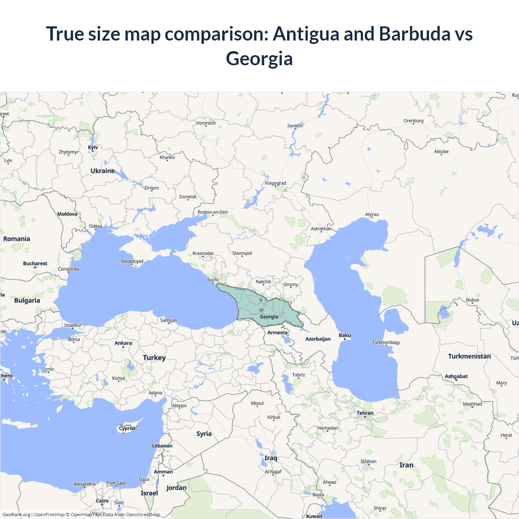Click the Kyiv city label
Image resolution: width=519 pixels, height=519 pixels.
click(x=93, y=147)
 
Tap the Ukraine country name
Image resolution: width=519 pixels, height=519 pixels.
click(x=103, y=171)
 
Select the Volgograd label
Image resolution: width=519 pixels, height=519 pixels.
click(x=275, y=183)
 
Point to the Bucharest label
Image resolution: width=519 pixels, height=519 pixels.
click(x=35, y=264)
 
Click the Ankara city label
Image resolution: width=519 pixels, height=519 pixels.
click(x=123, y=343)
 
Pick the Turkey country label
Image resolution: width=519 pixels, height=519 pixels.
click(x=154, y=358)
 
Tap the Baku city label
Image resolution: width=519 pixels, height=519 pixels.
click(x=345, y=335)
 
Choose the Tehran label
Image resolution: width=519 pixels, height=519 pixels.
click(x=365, y=413)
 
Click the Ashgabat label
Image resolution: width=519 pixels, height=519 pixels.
click(x=456, y=376)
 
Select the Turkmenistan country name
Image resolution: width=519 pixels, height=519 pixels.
click(x=469, y=356)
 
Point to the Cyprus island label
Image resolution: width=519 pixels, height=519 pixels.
click(x=127, y=428)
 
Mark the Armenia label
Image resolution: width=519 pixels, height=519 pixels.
click(x=277, y=332)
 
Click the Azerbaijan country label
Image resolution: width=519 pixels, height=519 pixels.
click(x=318, y=339)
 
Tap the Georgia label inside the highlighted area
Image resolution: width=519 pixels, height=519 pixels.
click(x=269, y=317)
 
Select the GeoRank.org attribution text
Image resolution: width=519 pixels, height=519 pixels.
click(x=16, y=515)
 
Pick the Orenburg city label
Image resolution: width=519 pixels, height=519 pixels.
click(x=413, y=121)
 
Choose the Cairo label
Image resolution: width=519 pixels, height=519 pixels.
click(x=102, y=501)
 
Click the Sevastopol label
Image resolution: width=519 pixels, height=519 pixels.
click(x=132, y=261)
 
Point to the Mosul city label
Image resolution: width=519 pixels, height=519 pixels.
click(x=257, y=403)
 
